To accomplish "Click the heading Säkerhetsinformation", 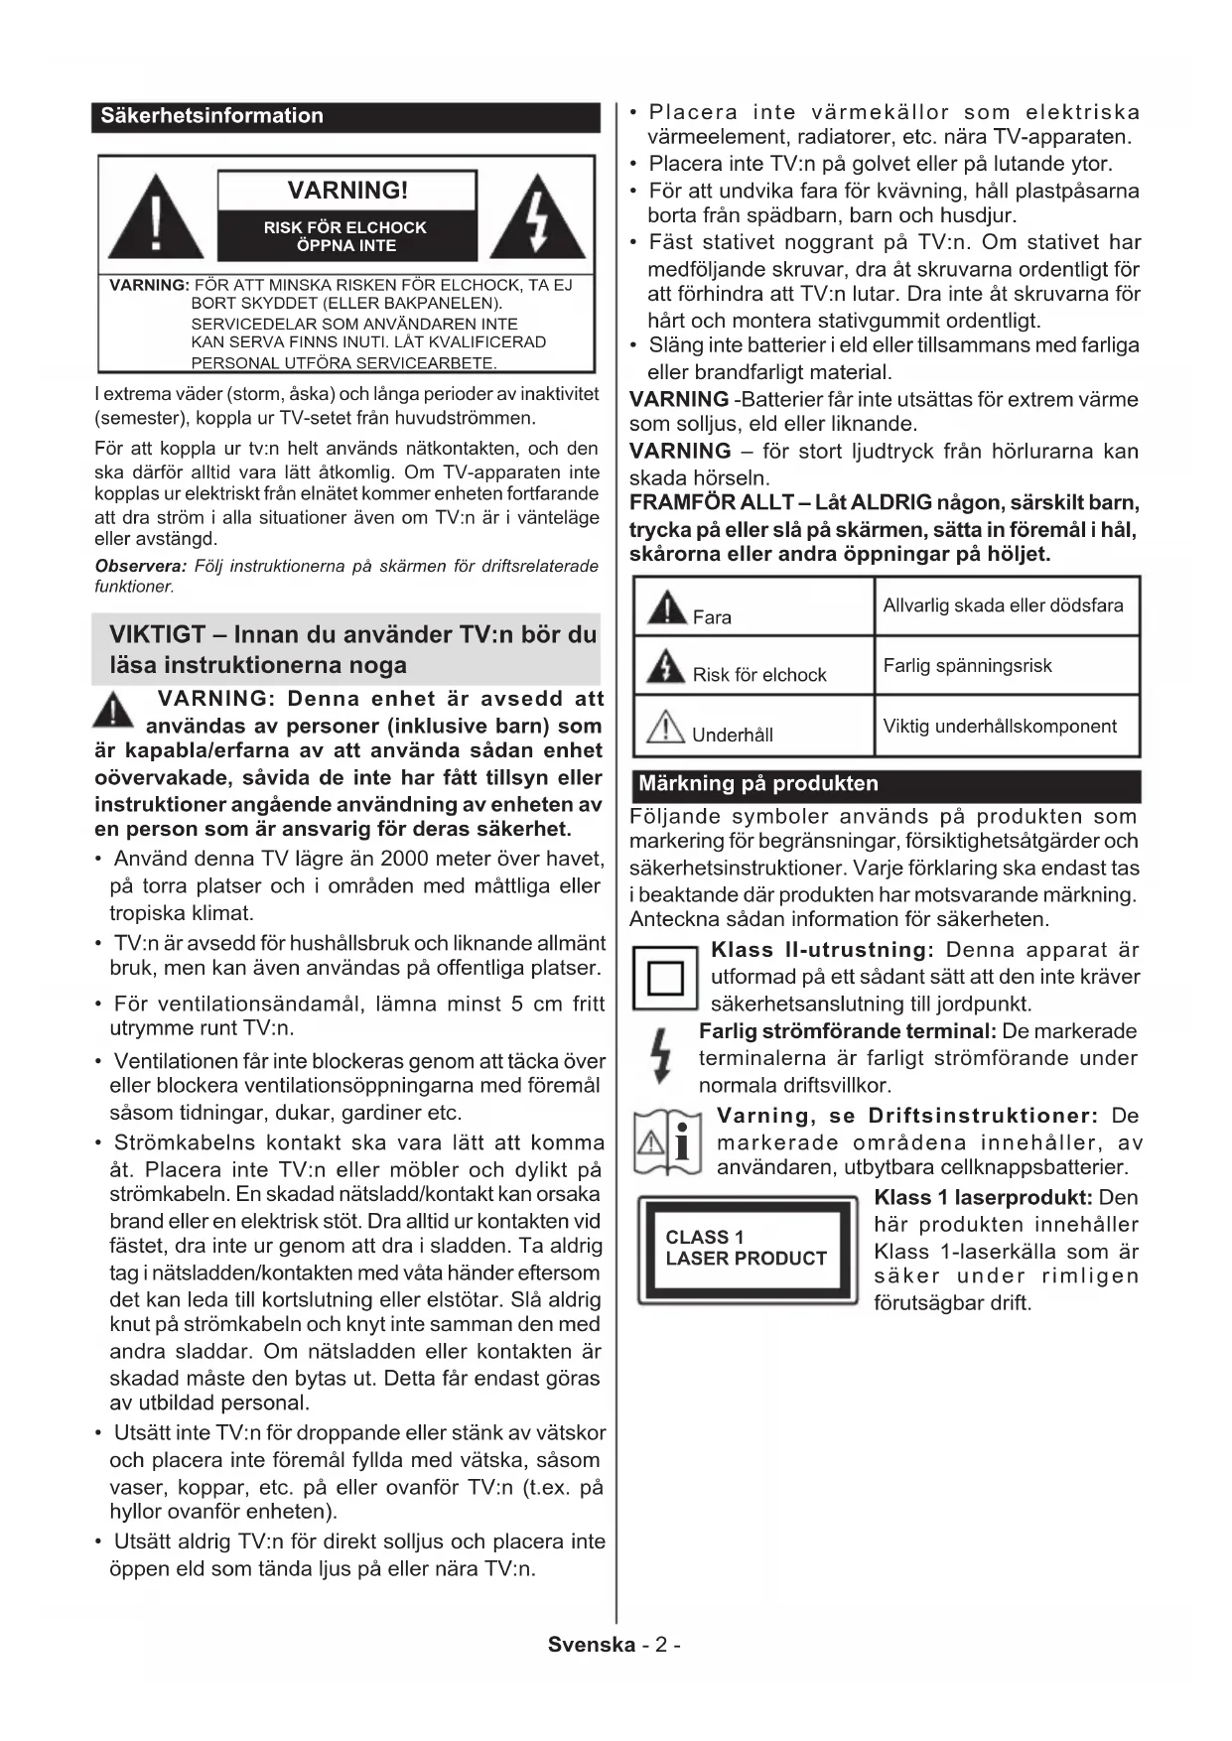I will click(212, 116).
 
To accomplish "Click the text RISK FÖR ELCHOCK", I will click(345, 227).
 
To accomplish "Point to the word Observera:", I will click(141, 566).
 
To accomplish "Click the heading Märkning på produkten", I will click(758, 784).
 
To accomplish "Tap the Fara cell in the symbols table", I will click(753, 607).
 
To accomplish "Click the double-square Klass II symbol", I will click(665, 979).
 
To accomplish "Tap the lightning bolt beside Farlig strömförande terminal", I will click(660, 1056).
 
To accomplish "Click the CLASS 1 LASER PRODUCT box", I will click(747, 1249).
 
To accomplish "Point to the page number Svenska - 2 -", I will click(615, 1645).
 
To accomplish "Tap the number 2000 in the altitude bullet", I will click(408, 859).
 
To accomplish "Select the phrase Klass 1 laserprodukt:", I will click(984, 1198).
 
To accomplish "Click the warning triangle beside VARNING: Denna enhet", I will click(116, 711).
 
